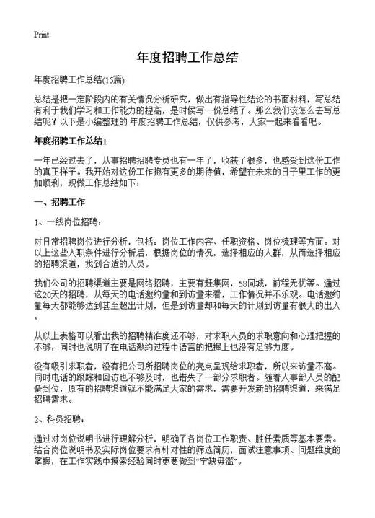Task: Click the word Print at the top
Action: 41,34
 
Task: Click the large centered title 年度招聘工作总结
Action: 187,56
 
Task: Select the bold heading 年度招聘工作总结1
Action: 71,141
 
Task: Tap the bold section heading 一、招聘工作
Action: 60,202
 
